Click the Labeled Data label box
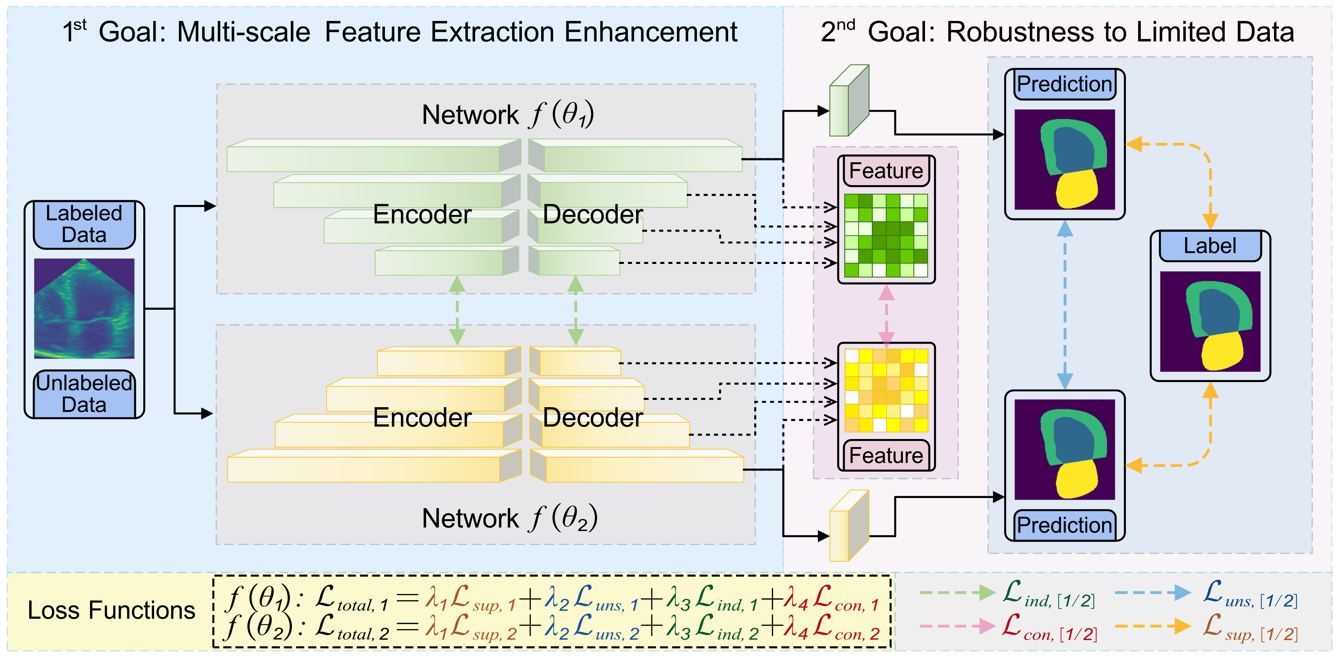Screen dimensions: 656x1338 point(84,224)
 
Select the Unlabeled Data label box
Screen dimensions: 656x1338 point(84,394)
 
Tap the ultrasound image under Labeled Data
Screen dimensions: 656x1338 point(84,309)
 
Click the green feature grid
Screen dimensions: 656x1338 point(886,235)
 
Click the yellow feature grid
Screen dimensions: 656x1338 point(886,390)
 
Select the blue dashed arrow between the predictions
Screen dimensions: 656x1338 point(1065,305)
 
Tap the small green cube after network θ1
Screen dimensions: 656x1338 point(849,101)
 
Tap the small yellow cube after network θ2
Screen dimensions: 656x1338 point(849,526)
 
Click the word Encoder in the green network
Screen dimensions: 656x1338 point(422,215)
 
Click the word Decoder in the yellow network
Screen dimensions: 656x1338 point(593,418)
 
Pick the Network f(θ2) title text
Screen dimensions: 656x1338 point(509,518)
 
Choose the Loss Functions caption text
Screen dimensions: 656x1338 point(111,610)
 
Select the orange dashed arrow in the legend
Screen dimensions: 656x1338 point(1152,626)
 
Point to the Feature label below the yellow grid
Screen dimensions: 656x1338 point(886,455)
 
